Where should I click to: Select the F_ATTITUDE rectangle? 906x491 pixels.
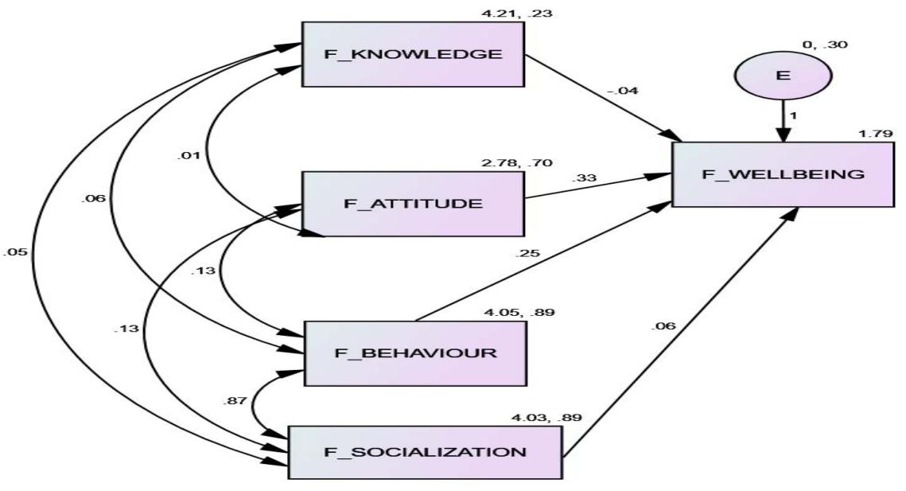point(412,203)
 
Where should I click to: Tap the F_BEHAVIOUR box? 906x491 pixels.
point(416,353)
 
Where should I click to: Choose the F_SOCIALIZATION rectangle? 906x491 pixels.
point(424,452)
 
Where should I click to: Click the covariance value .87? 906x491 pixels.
point(235,403)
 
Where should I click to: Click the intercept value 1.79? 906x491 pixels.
point(873,132)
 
